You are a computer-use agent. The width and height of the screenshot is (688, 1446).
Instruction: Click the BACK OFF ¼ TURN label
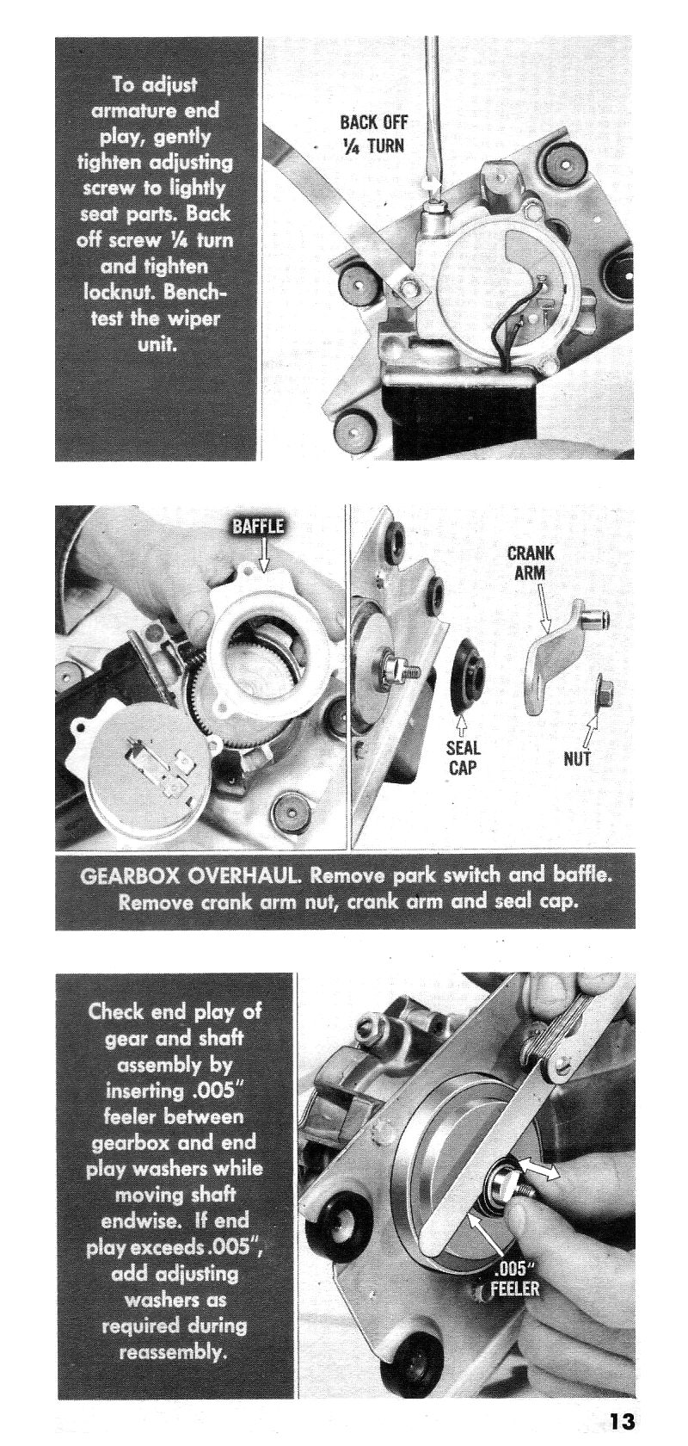coord(373,134)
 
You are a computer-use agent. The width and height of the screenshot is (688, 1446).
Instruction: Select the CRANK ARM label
coord(530,563)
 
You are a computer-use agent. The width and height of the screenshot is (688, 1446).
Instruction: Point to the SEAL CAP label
coord(463,757)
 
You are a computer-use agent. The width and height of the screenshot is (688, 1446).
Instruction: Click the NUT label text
coord(577,757)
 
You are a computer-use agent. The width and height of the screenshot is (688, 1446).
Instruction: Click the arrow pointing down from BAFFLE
coord(263,554)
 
